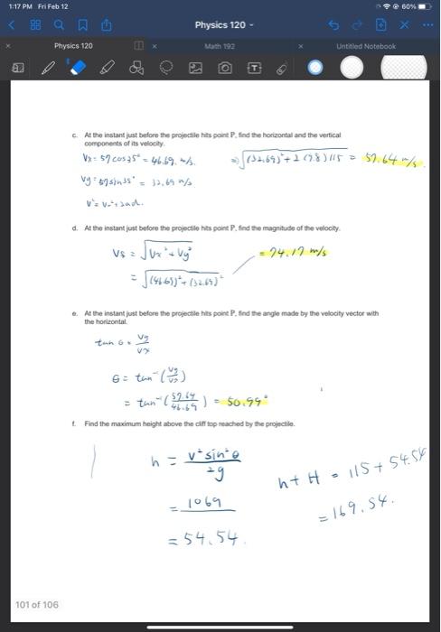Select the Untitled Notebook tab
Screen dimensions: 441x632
(x=366, y=45)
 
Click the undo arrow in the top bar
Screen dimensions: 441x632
(x=358, y=25)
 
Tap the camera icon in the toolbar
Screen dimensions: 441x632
(x=226, y=67)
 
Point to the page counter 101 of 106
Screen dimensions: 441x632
(x=36, y=605)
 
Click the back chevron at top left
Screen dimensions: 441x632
(x=12, y=25)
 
